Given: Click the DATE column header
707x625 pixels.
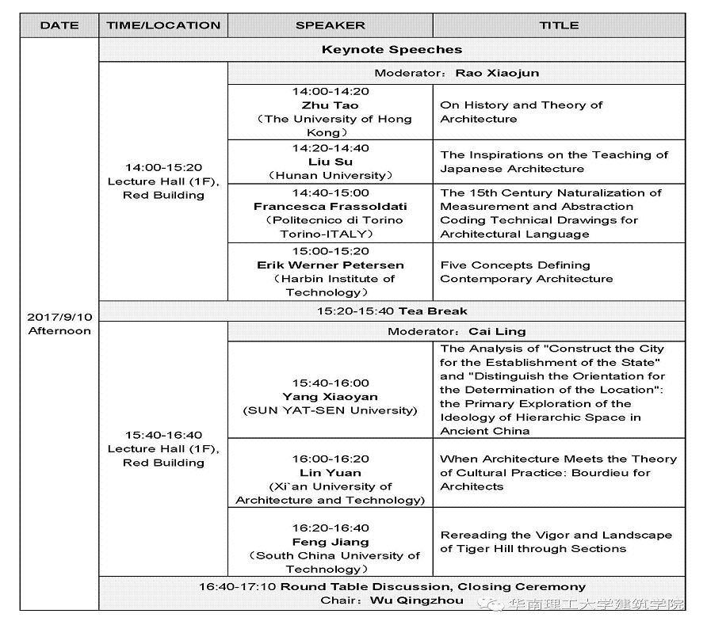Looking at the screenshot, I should click(x=59, y=25).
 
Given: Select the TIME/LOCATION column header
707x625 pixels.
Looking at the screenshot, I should click(x=163, y=25).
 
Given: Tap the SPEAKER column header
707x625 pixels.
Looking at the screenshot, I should click(x=331, y=25).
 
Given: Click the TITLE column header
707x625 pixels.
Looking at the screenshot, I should click(x=559, y=25).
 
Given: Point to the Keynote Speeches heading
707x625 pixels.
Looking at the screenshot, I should click(x=392, y=49).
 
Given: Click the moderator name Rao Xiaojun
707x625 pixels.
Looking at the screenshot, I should click(x=497, y=73).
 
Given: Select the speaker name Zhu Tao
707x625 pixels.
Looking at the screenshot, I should click(x=330, y=105).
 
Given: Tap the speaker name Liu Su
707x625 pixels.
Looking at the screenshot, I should click(x=330, y=162).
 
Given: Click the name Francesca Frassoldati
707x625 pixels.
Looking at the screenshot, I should click(x=330, y=206).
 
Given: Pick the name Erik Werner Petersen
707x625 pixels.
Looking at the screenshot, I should click(x=330, y=265).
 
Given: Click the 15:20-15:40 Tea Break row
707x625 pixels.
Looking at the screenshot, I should click(x=392, y=311).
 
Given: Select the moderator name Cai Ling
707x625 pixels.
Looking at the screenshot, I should click(x=497, y=331).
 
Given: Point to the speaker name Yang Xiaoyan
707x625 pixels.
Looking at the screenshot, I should click(x=330, y=397).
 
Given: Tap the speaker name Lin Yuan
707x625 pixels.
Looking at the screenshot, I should click(x=330, y=473).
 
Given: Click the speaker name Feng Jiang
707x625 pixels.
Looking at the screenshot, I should click(x=330, y=542).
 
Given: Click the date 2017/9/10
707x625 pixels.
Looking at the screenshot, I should click(x=59, y=317).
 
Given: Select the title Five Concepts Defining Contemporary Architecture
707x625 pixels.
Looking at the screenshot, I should click(x=526, y=272).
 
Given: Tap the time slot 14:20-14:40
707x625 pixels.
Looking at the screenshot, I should click(x=330, y=148).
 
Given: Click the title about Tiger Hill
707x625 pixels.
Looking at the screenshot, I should click(x=556, y=542).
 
